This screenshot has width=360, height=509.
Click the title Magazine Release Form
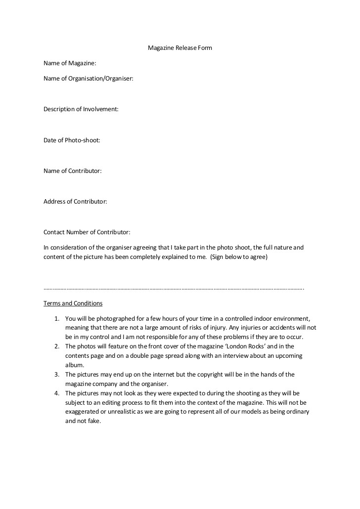tap(180, 48)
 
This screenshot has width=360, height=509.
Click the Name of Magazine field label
tap(70, 63)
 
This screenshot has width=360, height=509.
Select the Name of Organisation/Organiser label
tap(88, 78)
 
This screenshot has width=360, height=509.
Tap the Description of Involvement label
tap(81, 109)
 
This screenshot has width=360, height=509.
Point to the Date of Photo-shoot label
tap(72, 140)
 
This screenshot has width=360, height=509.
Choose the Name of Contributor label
tap(72, 170)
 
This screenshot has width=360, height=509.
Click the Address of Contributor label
tap(75, 201)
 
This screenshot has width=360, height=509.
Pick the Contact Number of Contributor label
tap(87, 232)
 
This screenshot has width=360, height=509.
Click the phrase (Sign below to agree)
tap(238, 257)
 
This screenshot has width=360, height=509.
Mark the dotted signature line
tap(174, 288)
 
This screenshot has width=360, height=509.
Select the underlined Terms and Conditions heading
tap(73, 303)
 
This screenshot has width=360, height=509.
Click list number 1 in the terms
tap(56, 319)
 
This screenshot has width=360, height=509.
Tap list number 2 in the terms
tap(56, 346)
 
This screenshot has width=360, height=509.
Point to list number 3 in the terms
tap(56, 375)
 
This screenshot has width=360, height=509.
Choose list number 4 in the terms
tap(56, 393)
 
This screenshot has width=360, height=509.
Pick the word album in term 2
tap(73, 365)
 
